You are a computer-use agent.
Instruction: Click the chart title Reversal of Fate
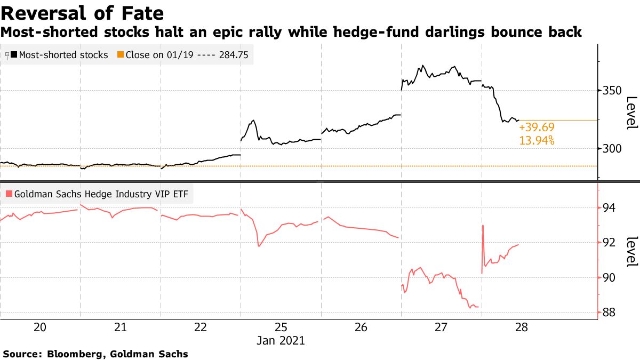[82, 12]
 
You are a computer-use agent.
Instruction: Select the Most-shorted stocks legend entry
[63, 55]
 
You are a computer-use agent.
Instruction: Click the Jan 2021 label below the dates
[281, 340]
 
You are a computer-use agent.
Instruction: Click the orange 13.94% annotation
[537, 140]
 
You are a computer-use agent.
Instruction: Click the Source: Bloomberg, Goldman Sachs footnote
[96, 353]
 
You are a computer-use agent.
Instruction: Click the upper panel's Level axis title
[631, 113]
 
